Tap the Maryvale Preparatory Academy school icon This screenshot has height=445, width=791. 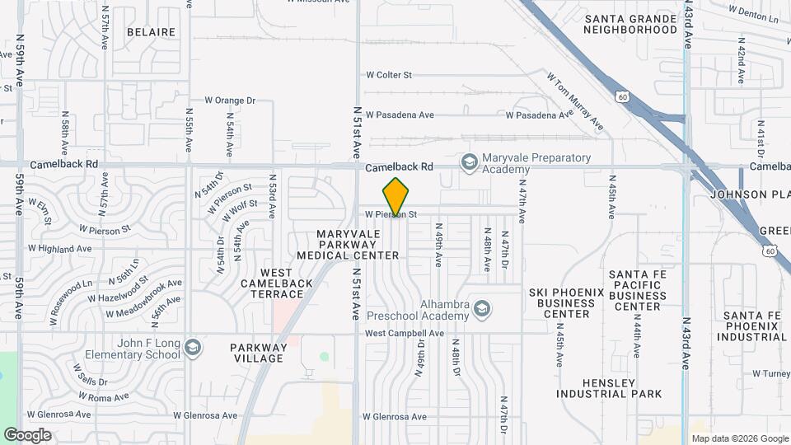tap(470, 162)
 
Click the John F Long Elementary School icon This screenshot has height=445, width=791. tap(193, 348)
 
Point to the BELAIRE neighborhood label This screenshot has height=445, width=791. tap(151, 32)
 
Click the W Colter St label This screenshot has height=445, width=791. tap(389, 75)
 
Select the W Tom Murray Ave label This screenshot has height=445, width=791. tap(575, 101)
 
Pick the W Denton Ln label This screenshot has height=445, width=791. tap(753, 12)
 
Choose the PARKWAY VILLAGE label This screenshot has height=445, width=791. tap(259, 353)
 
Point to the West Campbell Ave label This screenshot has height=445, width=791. tap(405, 334)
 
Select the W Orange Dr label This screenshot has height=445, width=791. tap(230, 101)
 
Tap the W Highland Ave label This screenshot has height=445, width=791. tap(59, 248)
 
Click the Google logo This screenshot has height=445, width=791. tap(27, 435)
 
